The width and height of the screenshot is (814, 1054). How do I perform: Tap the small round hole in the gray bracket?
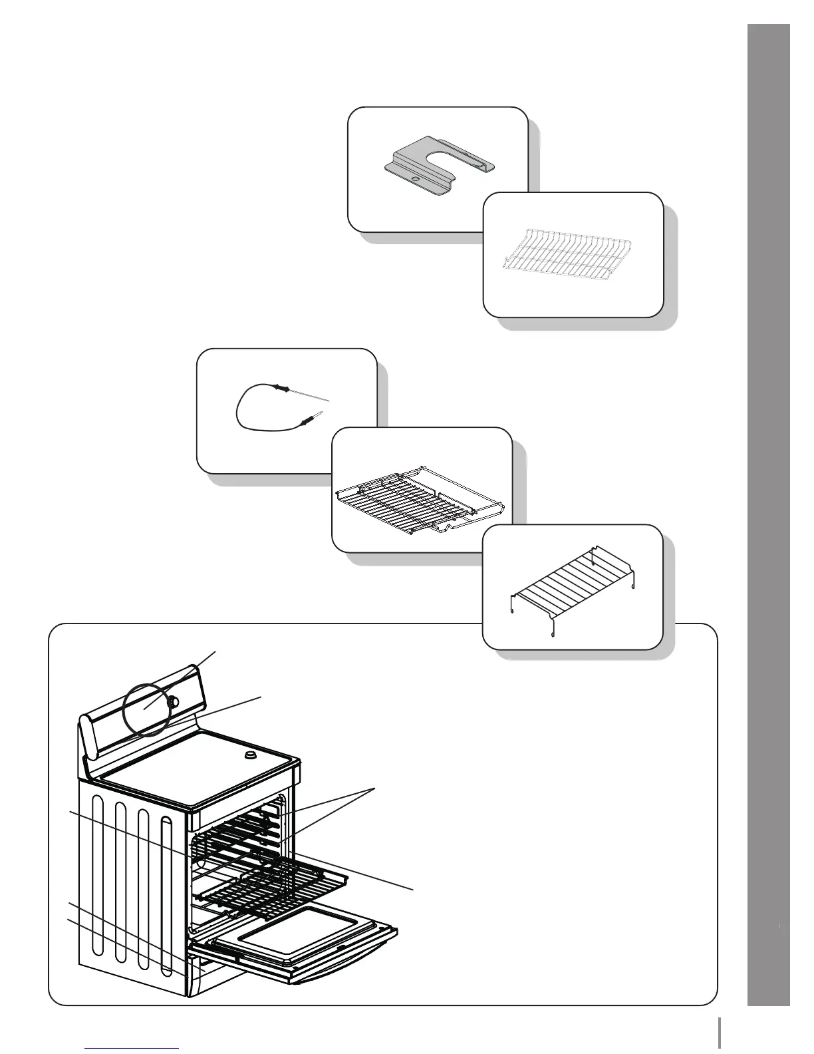414,179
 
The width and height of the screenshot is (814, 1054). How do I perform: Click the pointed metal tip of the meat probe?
329,401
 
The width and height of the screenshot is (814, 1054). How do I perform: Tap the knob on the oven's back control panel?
175,701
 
